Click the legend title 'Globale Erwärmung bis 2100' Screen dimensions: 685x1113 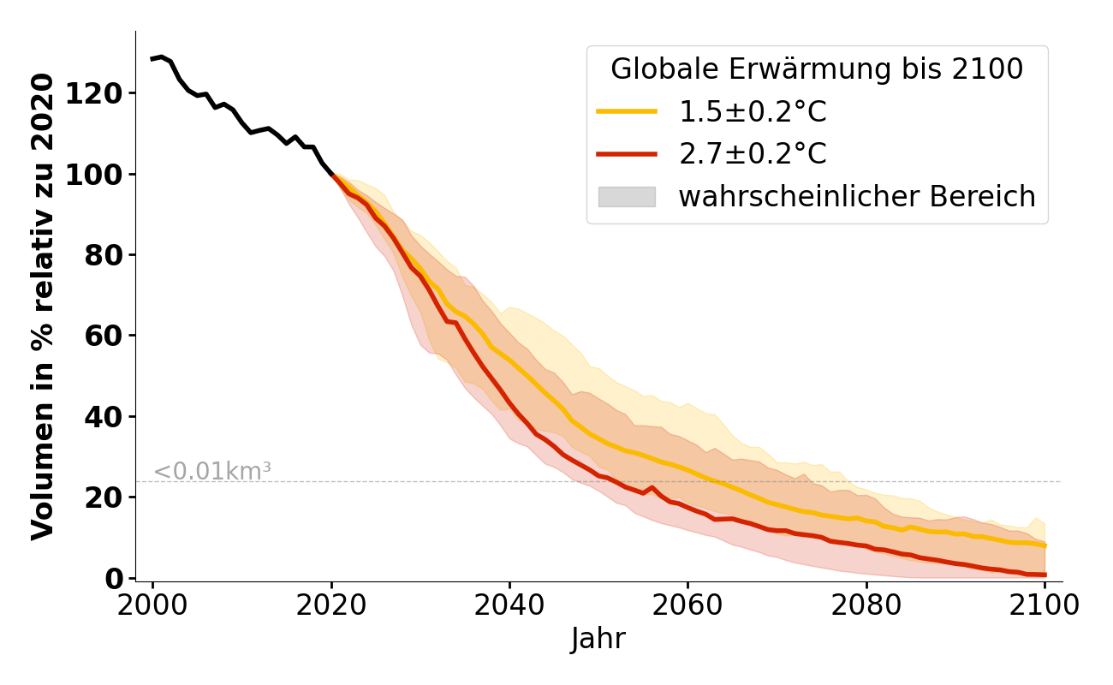click(817, 69)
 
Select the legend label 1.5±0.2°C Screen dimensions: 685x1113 click(753, 112)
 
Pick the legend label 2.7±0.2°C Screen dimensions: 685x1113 click(753, 154)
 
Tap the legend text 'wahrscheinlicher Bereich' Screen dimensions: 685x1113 click(857, 197)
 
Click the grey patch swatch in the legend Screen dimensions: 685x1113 click(627, 197)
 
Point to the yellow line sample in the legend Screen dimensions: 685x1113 click(627, 111)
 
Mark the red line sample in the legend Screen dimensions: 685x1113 click(627, 154)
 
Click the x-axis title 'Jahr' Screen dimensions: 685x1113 click(598, 640)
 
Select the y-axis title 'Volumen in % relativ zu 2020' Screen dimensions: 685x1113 click(43, 306)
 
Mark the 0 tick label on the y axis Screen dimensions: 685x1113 click(115, 579)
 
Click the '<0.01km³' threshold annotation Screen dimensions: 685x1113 click(212, 472)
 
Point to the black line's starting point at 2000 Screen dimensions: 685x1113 click(153, 59)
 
